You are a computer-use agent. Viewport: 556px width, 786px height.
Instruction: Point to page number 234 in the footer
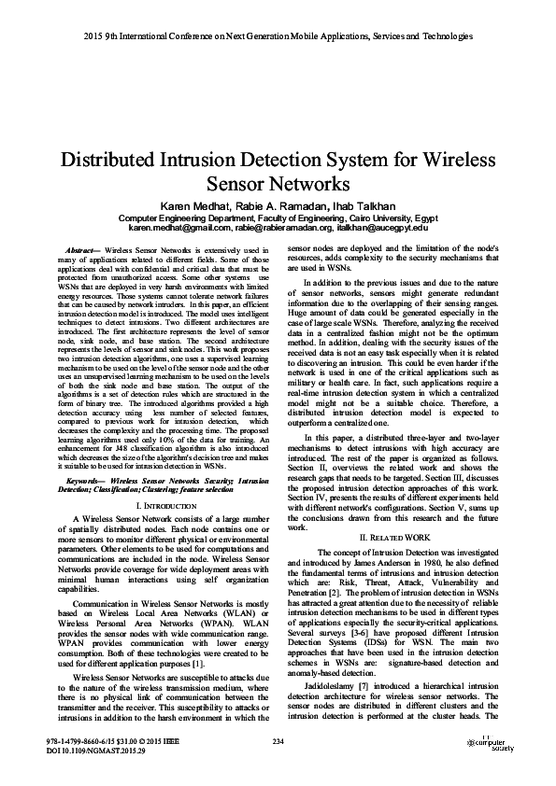(x=278, y=741)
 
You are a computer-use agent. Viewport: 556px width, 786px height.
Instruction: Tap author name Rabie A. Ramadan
(x=278, y=204)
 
